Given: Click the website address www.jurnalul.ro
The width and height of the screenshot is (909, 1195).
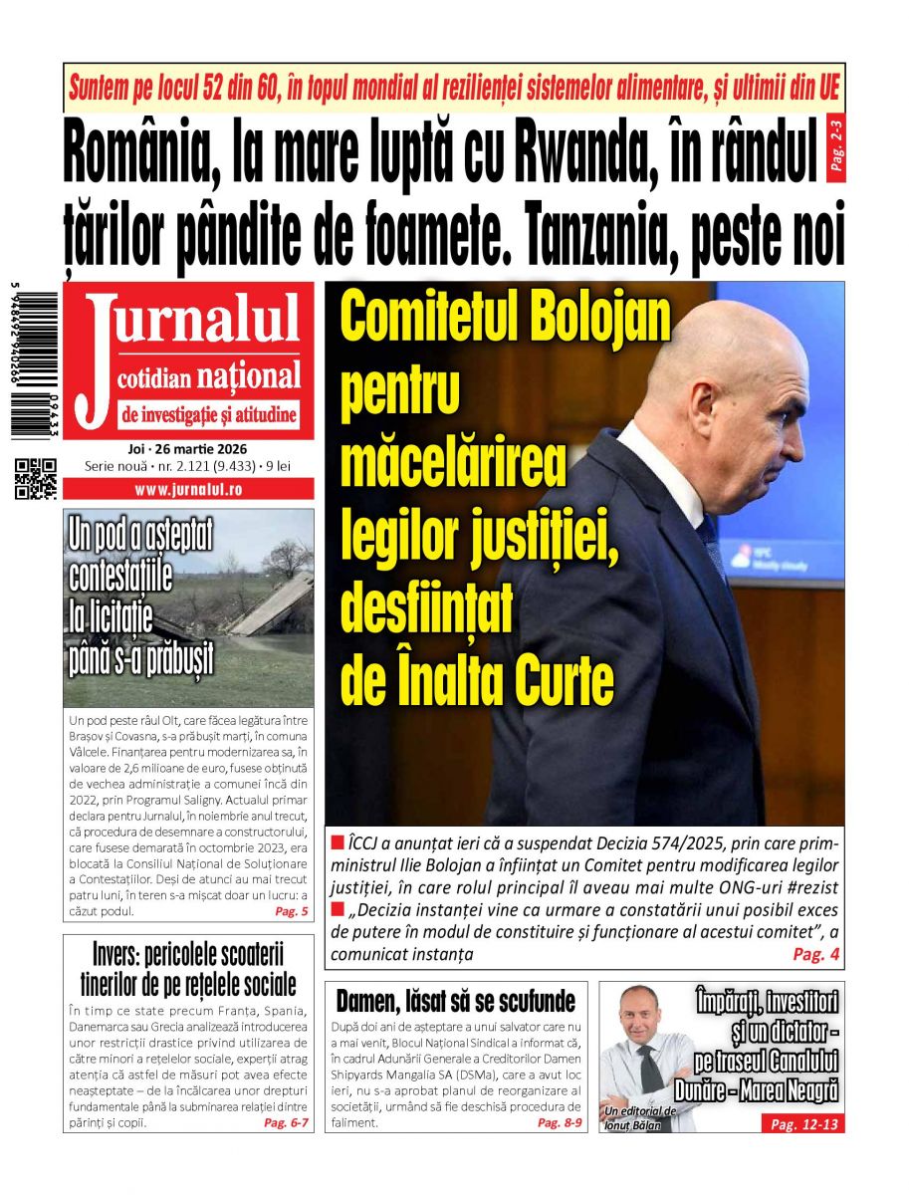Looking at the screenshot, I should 188,489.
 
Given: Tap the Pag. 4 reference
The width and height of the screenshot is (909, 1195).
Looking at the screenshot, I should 816,954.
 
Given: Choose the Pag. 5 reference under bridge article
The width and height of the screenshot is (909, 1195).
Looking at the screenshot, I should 291,912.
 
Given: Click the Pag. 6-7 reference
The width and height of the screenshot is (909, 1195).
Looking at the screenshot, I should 286,1122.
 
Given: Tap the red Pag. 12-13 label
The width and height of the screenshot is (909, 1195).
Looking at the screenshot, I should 804,1124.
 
